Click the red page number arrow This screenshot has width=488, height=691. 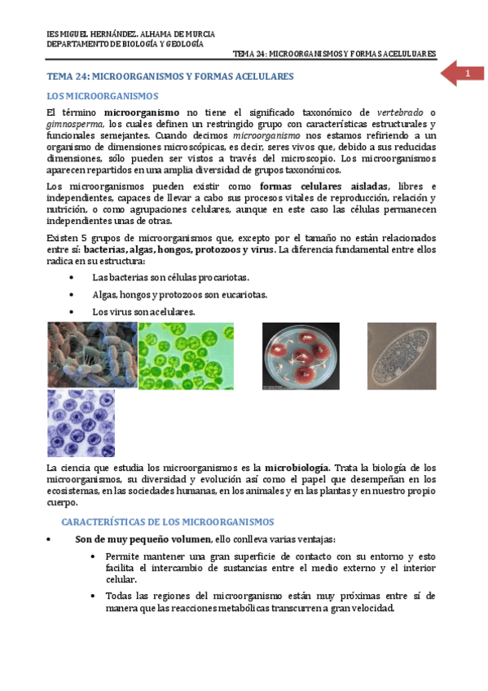[461, 75]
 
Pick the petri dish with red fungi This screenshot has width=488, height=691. [301, 355]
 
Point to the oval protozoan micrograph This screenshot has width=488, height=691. [401, 355]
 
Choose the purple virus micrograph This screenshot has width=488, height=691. [81, 422]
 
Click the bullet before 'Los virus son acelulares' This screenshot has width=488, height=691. [74, 312]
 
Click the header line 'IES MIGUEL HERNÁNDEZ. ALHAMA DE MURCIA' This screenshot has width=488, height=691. [130, 34]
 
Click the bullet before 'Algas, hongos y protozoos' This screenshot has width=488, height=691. [74, 295]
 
